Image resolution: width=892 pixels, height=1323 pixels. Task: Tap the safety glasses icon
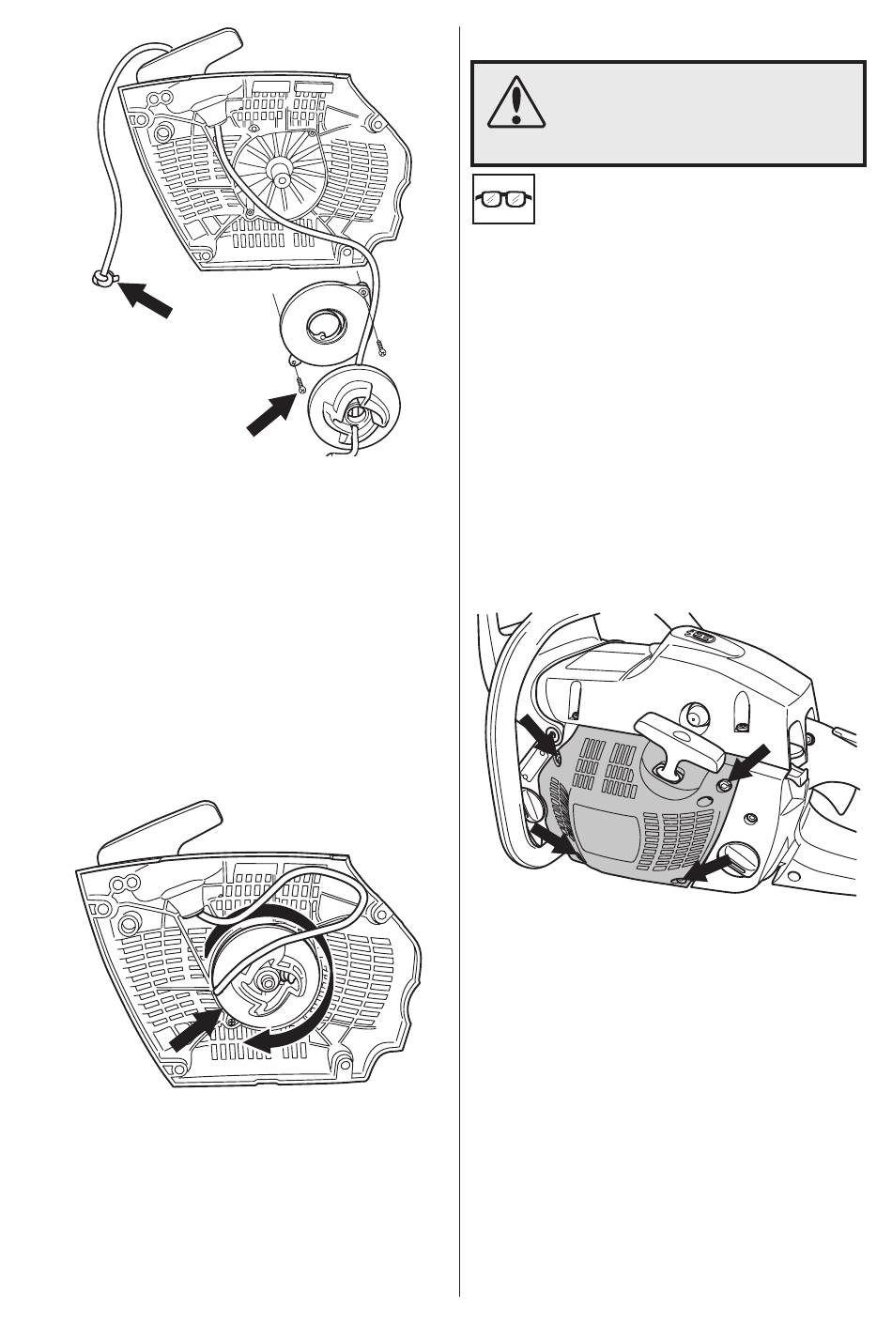[x=502, y=198]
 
